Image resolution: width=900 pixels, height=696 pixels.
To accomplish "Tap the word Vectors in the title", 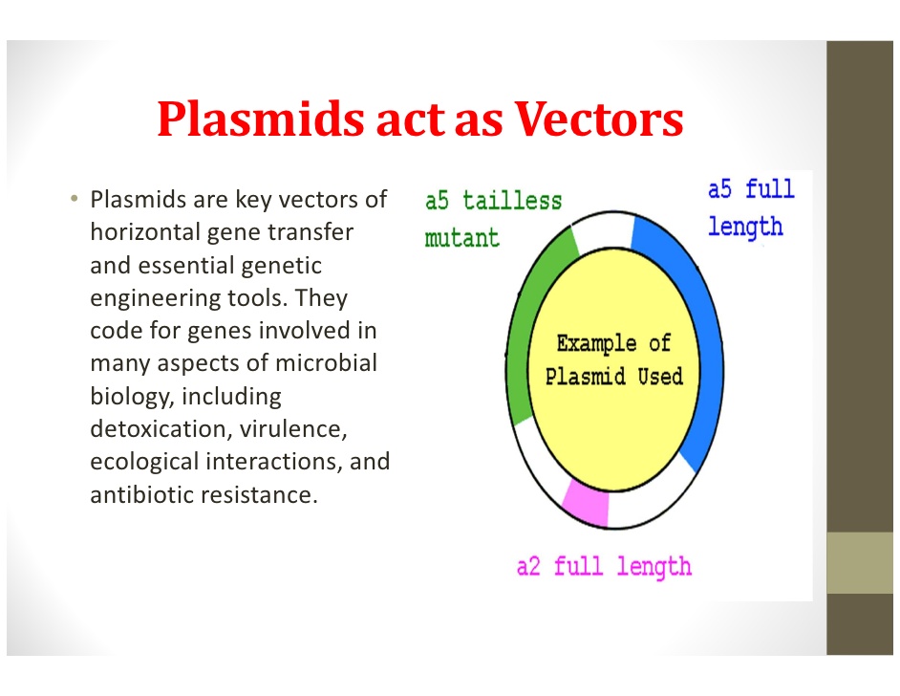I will pyautogui.click(x=598, y=120).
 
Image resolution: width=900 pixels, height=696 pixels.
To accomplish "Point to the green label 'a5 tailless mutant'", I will pyautogui.click(x=492, y=219).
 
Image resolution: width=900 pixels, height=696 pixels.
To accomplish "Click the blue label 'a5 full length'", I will pyautogui.click(x=750, y=207).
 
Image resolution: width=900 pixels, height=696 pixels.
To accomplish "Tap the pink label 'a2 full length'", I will pyautogui.click(x=604, y=566).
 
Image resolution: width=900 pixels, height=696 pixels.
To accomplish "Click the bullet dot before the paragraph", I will pyautogui.click(x=73, y=200).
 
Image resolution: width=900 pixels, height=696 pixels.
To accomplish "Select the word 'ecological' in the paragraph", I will pyautogui.click(x=144, y=462).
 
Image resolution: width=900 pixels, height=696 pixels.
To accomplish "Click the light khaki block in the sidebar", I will pyautogui.click(x=860, y=562).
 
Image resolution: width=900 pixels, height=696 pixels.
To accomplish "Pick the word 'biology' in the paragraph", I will pyautogui.click(x=129, y=396).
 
